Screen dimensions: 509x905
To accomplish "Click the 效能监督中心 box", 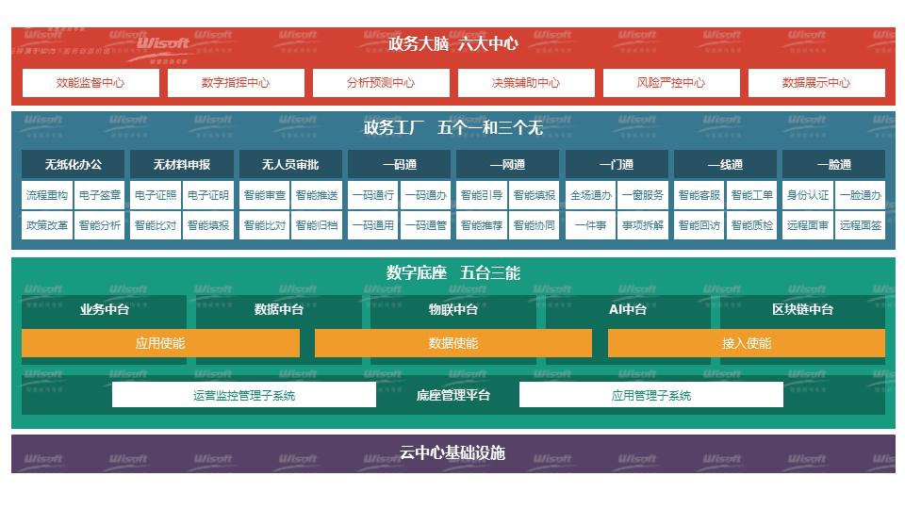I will click(x=90, y=83).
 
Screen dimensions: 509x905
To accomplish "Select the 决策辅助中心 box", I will click(x=525, y=83).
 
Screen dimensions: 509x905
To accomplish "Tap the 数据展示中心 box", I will click(x=816, y=83).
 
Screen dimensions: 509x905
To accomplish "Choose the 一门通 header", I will click(x=617, y=164).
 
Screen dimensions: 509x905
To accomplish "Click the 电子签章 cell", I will click(x=99, y=195).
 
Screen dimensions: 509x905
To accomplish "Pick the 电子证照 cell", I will click(x=156, y=195).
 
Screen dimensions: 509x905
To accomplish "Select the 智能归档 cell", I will click(x=317, y=225).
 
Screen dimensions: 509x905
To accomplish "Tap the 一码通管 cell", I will click(x=425, y=225).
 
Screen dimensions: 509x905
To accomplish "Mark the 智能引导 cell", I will click(x=482, y=195).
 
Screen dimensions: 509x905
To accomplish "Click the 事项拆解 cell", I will click(x=643, y=225).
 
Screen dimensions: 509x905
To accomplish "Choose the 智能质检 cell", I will click(x=751, y=225).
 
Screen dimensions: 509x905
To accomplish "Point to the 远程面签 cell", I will click(x=861, y=225).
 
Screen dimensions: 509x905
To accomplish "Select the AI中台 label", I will click(x=628, y=309).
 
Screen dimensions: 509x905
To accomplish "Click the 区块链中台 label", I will click(x=802, y=309).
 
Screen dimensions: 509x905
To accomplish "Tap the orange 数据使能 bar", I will click(x=453, y=343).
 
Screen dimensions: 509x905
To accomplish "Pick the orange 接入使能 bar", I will click(x=747, y=343).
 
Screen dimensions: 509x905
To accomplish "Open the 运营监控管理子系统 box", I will click(x=244, y=395).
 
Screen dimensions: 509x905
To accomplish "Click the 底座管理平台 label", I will click(x=453, y=395).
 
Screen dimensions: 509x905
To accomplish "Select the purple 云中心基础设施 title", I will click(x=453, y=452).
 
